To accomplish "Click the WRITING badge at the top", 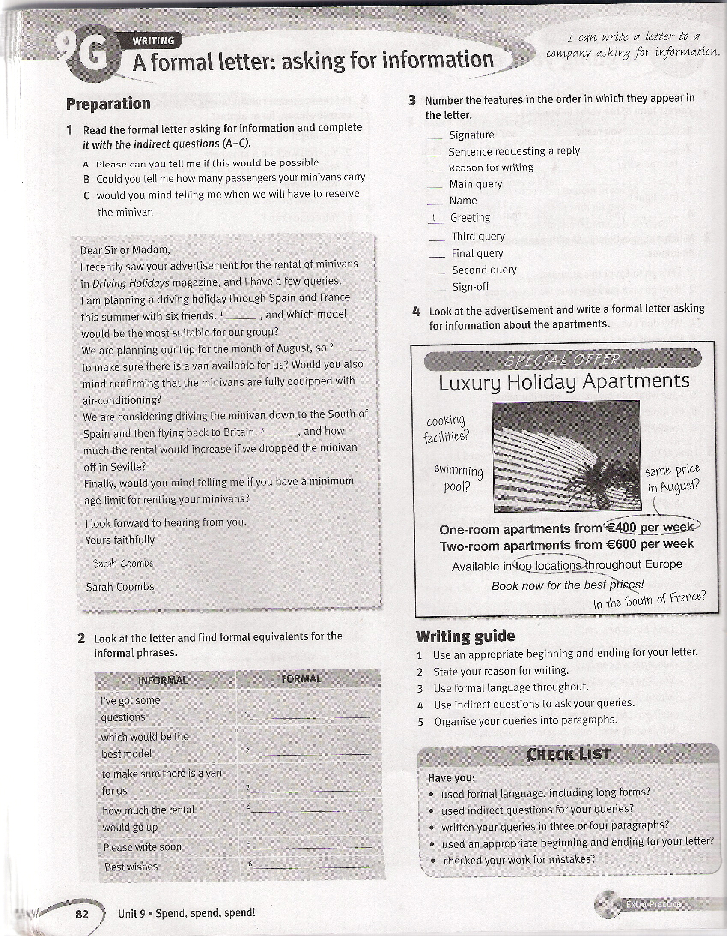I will [x=153, y=41].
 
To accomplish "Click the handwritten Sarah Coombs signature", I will [x=123, y=563].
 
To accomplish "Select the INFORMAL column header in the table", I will [x=163, y=680].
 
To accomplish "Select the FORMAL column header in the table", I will [x=301, y=678].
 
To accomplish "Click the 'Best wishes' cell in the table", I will [x=131, y=866].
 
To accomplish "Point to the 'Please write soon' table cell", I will [x=142, y=847].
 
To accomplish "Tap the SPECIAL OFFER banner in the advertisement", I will [x=562, y=360].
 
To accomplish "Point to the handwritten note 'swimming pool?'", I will [x=458, y=478].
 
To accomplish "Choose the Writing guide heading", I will [x=465, y=636].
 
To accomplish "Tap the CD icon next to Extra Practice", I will [x=607, y=904].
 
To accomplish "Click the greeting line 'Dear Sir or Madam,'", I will [x=125, y=249].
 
